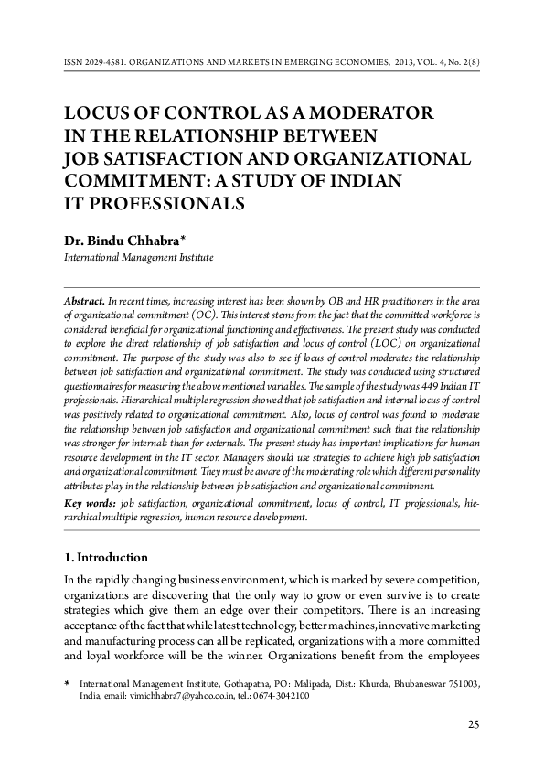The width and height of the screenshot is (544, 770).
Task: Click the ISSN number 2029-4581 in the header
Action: pyautogui.click(x=105, y=65)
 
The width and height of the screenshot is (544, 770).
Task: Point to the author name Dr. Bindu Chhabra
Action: pyautogui.click(x=121, y=241)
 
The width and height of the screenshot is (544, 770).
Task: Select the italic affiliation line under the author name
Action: pyautogui.click(x=138, y=258)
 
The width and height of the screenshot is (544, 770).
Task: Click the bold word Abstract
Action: pyautogui.click(x=83, y=301)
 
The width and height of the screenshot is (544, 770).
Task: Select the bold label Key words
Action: pyautogui.click(x=90, y=503)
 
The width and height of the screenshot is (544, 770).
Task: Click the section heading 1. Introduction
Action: pyautogui.click(x=105, y=557)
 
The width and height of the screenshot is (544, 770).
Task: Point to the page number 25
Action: pyautogui.click(x=474, y=725)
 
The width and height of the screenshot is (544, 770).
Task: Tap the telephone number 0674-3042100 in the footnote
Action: pyautogui.click(x=278, y=695)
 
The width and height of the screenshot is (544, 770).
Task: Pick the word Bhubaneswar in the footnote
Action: pyautogui.click(x=408, y=683)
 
